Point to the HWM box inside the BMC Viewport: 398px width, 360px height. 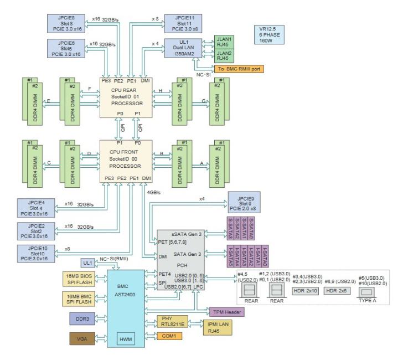pyautogui.click(x=124, y=339)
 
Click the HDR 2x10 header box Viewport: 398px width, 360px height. pyautogui.click(x=307, y=290)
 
